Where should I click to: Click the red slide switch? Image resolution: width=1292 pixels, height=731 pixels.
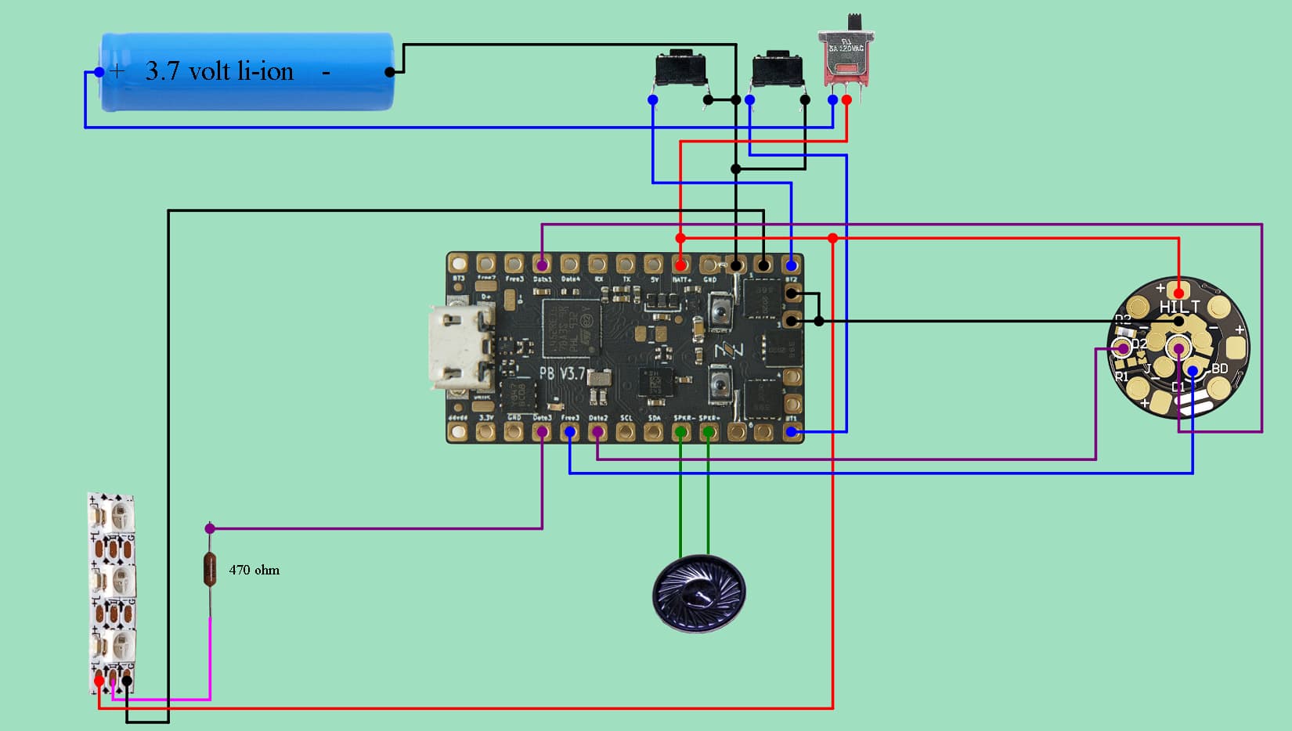[x=846, y=59]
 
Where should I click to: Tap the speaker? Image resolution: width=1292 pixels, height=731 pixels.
[x=698, y=593]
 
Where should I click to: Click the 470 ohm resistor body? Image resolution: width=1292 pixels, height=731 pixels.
[x=210, y=568]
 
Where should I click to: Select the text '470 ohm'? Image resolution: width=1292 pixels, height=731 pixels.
[x=254, y=570]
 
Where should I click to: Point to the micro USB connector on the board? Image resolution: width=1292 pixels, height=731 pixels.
[x=460, y=347]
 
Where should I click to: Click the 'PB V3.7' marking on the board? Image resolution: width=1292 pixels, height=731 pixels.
[x=561, y=373]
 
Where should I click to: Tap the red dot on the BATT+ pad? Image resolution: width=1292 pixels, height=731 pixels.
[x=680, y=266]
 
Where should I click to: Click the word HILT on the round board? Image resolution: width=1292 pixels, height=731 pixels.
[x=1179, y=307]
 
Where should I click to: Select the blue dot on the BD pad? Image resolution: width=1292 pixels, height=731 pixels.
[x=1193, y=371]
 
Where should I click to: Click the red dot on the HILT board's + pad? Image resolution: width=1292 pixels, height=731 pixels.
[x=1178, y=293]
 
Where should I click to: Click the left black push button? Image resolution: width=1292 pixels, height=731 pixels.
[x=681, y=69]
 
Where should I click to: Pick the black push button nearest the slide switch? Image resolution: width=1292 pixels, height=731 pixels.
[x=777, y=70]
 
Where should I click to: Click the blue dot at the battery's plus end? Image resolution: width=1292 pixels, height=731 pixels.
[x=99, y=72]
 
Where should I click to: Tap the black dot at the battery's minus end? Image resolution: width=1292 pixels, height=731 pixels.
[x=390, y=72]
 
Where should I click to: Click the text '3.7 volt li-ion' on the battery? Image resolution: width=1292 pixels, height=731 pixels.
[x=219, y=71]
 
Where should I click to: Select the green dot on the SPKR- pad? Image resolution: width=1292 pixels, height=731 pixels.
[x=709, y=431]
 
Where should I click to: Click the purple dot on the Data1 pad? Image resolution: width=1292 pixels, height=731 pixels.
[x=541, y=266]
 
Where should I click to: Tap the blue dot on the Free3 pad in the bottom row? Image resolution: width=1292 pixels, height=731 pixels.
[x=570, y=431]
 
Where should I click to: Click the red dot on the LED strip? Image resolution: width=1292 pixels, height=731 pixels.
[x=99, y=681]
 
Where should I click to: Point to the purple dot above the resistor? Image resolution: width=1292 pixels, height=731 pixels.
[x=210, y=529]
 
